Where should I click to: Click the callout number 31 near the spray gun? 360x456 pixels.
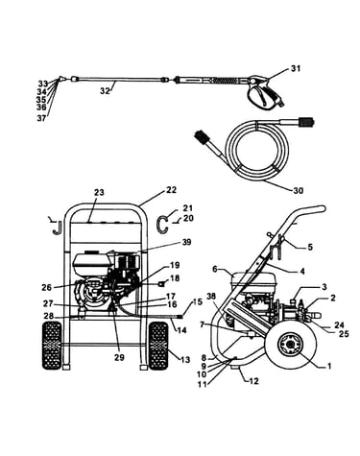(x=296, y=68)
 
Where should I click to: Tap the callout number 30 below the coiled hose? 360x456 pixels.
(x=298, y=191)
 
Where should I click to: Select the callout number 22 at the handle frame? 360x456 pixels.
(x=171, y=190)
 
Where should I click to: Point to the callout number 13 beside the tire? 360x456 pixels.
(x=185, y=360)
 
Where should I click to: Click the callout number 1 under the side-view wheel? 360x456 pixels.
(x=328, y=366)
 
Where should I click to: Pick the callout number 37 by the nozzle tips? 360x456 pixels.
(x=41, y=119)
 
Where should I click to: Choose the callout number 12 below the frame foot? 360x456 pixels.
(x=253, y=381)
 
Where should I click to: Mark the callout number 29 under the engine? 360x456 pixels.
(x=119, y=357)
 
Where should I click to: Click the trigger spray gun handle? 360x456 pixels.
(x=263, y=93)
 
